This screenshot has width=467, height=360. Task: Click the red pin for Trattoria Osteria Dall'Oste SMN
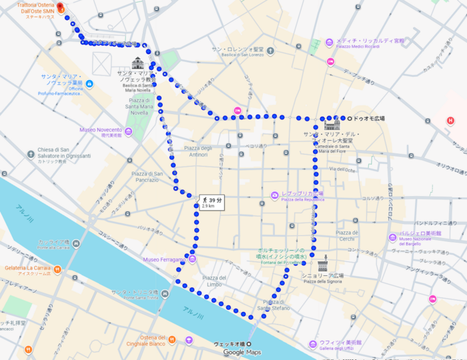pyautogui.click(x=59, y=7)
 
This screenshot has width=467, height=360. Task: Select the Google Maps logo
pyautogui.click(x=242, y=352)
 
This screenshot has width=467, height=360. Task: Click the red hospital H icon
pyautogui.click(x=450, y=121)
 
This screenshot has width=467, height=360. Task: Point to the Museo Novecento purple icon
pyautogui.click(x=129, y=130)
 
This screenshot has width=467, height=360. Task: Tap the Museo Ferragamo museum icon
pyautogui.click(x=192, y=259)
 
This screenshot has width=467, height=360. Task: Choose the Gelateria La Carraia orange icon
pyautogui.click(x=58, y=269)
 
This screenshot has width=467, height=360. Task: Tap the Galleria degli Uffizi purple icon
pyautogui.click(x=312, y=343)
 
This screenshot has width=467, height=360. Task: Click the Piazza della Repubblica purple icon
pyautogui.click(x=274, y=195)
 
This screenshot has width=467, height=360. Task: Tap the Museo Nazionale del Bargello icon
pyautogui.click(x=392, y=237)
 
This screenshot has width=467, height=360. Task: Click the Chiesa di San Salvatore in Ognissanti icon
pyautogui.click(x=31, y=155)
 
